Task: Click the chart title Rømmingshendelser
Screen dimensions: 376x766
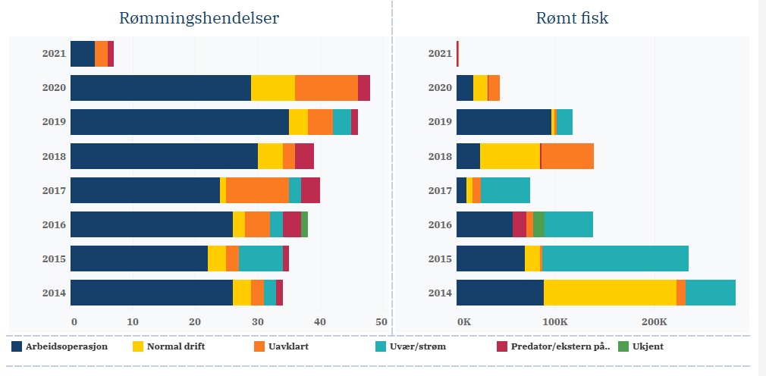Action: point(199,18)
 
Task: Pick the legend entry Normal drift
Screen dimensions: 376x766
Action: point(174,346)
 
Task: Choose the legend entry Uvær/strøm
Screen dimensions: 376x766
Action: point(412,346)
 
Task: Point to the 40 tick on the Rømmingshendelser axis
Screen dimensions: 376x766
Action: point(319,322)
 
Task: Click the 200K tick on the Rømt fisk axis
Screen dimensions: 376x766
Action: point(654,322)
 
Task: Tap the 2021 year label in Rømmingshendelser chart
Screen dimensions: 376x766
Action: point(55,54)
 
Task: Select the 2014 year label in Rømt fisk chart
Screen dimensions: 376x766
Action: point(441,293)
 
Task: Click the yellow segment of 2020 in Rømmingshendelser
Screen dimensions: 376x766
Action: point(273,88)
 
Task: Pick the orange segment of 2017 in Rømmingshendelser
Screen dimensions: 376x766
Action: point(257,190)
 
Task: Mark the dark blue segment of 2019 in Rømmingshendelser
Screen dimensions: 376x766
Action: point(179,122)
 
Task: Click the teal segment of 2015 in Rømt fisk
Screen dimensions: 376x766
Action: point(615,258)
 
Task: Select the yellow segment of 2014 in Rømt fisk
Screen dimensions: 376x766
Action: point(610,293)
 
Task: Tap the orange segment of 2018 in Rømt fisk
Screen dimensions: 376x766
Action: point(567,156)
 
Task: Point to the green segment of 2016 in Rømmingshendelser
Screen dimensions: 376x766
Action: point(304,224)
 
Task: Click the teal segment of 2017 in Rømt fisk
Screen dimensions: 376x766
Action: point(505,190)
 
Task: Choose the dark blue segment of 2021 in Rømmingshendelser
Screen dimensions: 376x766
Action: point(83,54)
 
